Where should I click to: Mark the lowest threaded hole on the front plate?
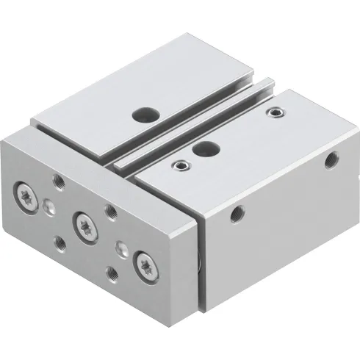112,274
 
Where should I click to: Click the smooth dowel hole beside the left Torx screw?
48,206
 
